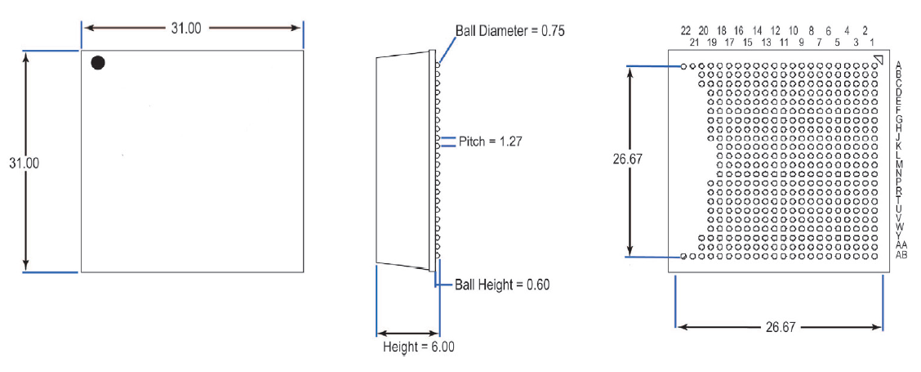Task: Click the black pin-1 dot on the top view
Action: point(98,63)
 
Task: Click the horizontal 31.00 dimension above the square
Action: point(186,28)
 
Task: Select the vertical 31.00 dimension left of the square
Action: point(24,163)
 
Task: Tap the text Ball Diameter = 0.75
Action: point(509,30)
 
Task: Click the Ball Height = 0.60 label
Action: point(502,285)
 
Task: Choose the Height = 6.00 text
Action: point(419,347)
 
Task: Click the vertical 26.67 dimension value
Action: point(628,160)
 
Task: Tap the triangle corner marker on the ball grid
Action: point(878,60)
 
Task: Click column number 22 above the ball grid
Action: point(686,30)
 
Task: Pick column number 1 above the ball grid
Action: point(874,41)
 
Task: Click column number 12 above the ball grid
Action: point(776,30)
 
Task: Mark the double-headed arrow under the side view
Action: point(408,333)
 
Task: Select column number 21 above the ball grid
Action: point(695,41)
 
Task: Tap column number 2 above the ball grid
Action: point(865,30)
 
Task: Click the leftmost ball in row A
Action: point(684,65)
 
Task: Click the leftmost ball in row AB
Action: point(684,256)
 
